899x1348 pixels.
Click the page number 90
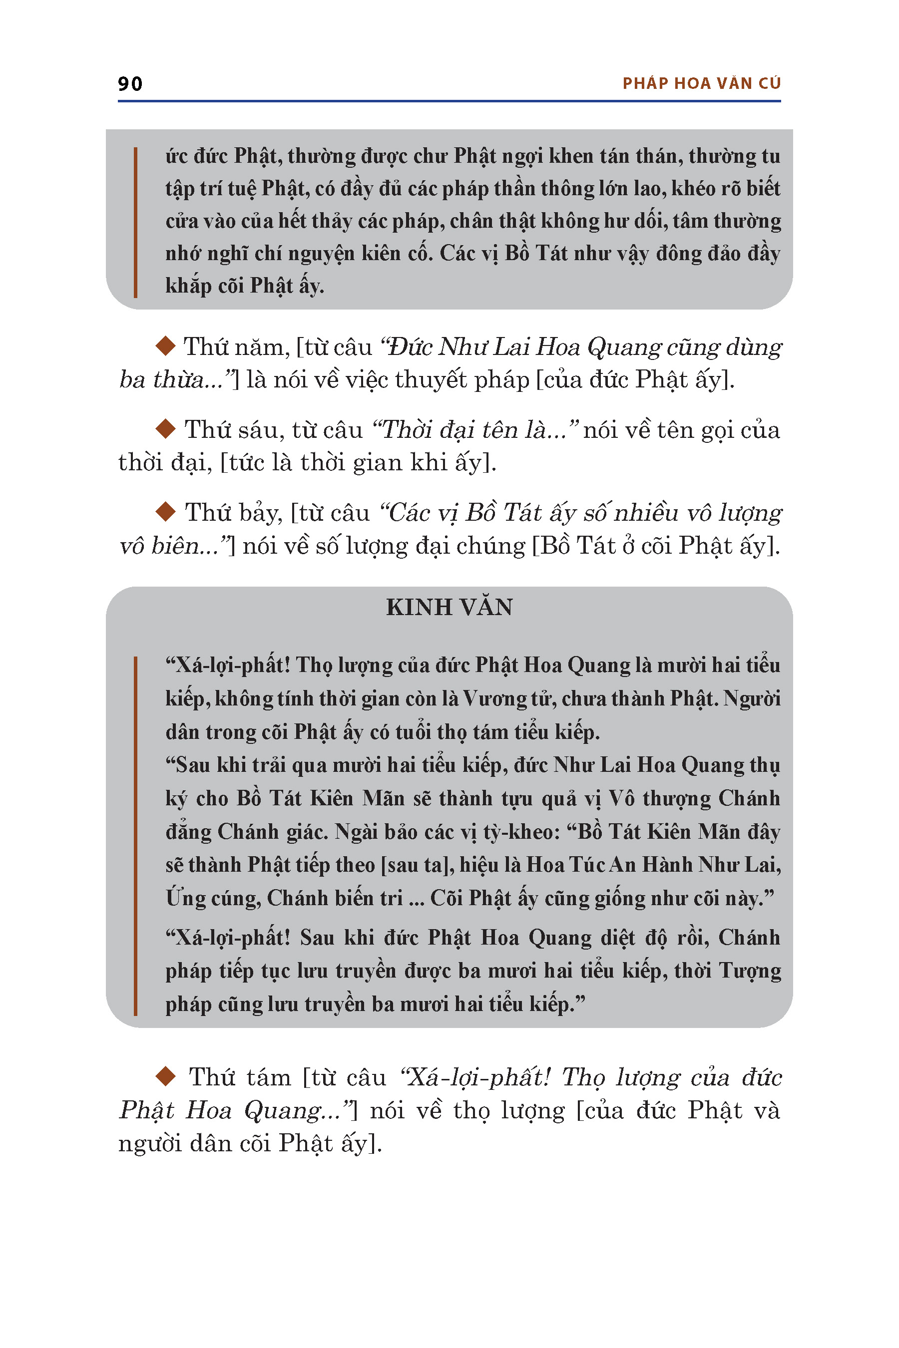point(130,84)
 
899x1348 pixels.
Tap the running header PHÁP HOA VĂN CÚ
point(701,84)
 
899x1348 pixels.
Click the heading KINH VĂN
point(449,608)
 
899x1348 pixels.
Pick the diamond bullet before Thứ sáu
point(166,428)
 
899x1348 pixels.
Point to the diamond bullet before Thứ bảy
point(166,511)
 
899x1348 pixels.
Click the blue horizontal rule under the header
point(449,101)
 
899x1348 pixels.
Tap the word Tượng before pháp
point(750,971)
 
